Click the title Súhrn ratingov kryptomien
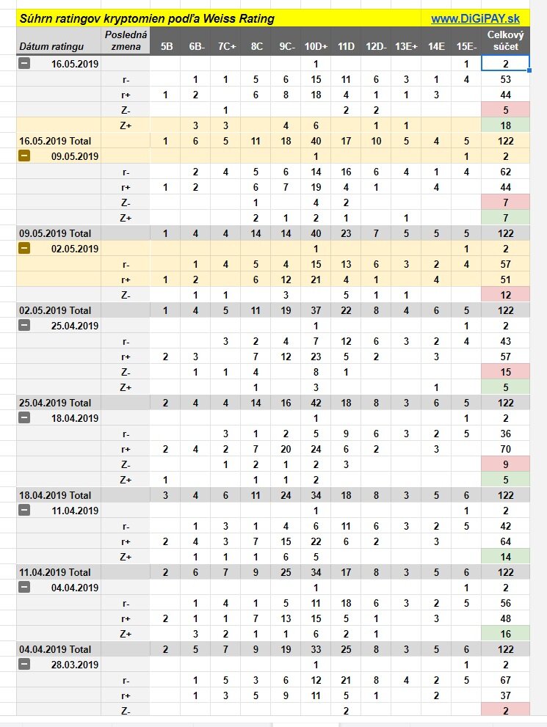[x=147, y=18]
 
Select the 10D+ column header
[x=316, y=46]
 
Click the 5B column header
[x=167, y=46]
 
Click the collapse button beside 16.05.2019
[x=25, y=64]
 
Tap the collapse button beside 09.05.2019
[x=25, y=156]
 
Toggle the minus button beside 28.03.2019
[x=25, y=665]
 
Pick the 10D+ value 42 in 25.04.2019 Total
[x=316, y=403]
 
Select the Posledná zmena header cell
[x=126, y=40]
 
